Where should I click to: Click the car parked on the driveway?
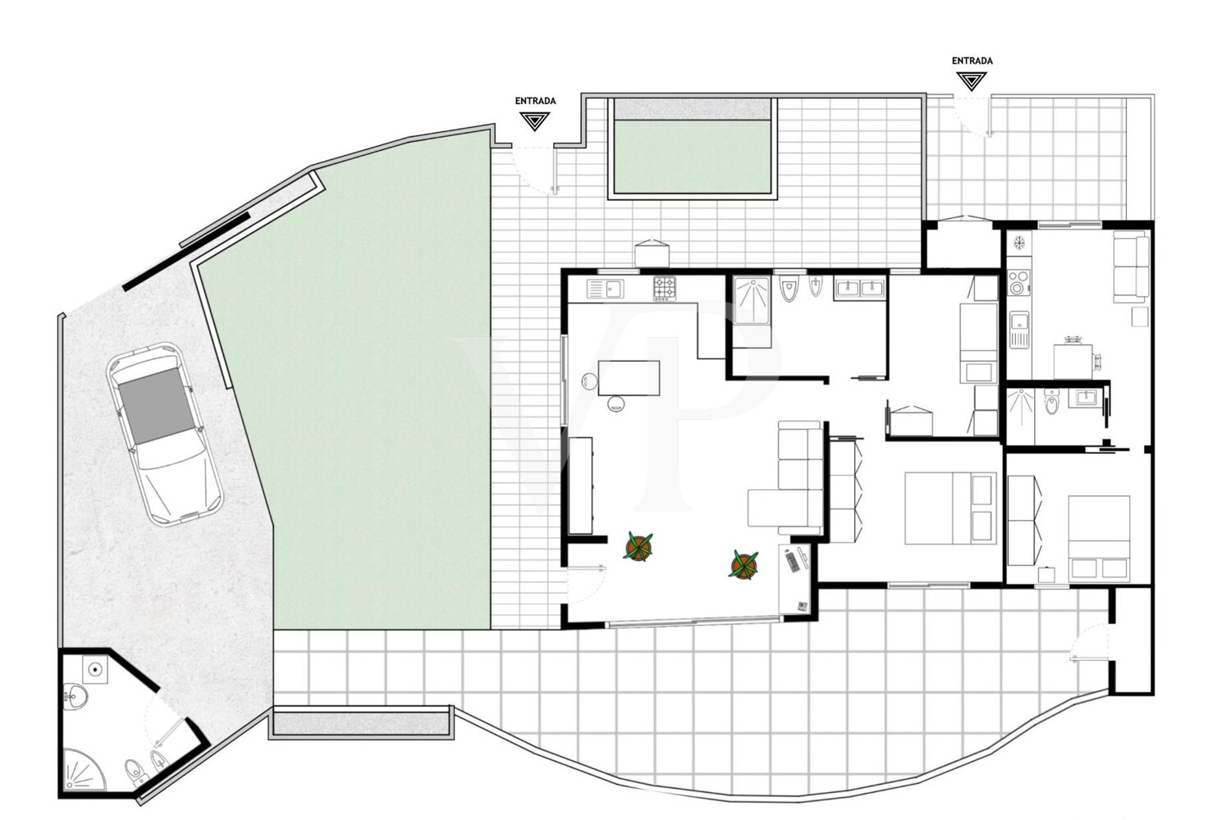[x=165, y=435]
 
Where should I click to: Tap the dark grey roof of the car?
[x=156, y=405]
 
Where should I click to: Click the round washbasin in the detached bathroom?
[x=75, y=696]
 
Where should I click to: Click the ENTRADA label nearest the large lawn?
[x=535, y=101]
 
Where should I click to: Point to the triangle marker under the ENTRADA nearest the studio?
[x=972, y=82]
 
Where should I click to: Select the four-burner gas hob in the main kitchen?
[x=665, y=289]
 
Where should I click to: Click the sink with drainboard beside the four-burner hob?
[x=605, y=289]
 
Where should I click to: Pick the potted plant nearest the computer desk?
[x=744, y=565]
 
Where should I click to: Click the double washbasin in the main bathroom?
[x=859, y=289]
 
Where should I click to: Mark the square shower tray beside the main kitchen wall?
[x=751, y=300]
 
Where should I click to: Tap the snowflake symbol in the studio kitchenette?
[x=1019, y=242]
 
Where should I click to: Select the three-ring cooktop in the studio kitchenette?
[x=1019, y=282]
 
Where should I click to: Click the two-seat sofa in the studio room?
[x=1132, y=266]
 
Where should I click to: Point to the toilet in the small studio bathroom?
[x=1051, y=402]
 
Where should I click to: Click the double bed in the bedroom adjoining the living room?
[x=950, y=508]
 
